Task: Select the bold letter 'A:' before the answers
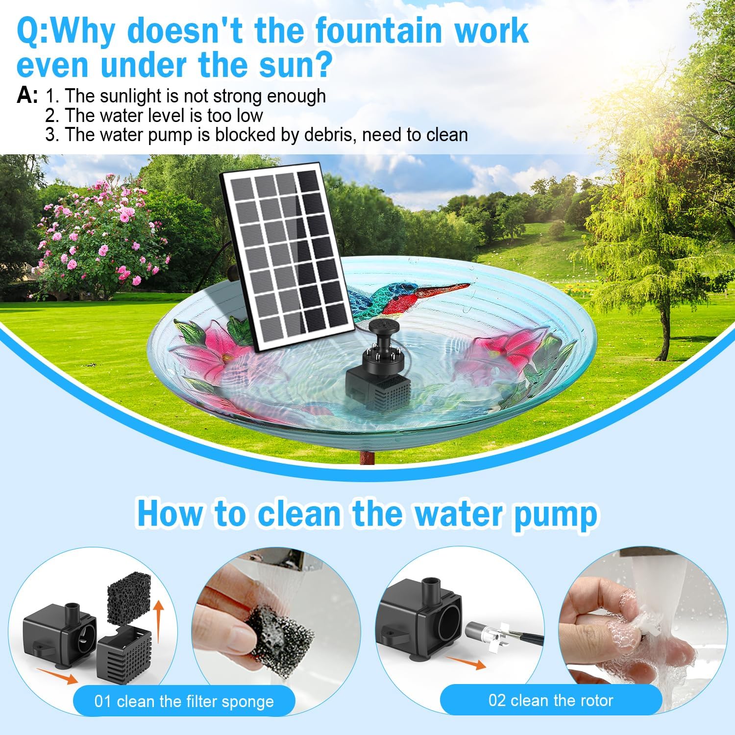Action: tap(27, 96)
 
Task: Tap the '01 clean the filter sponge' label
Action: tap(184, 701)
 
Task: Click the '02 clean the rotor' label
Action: tap(550, 700)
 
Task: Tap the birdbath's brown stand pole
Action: tap(367, 458)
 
